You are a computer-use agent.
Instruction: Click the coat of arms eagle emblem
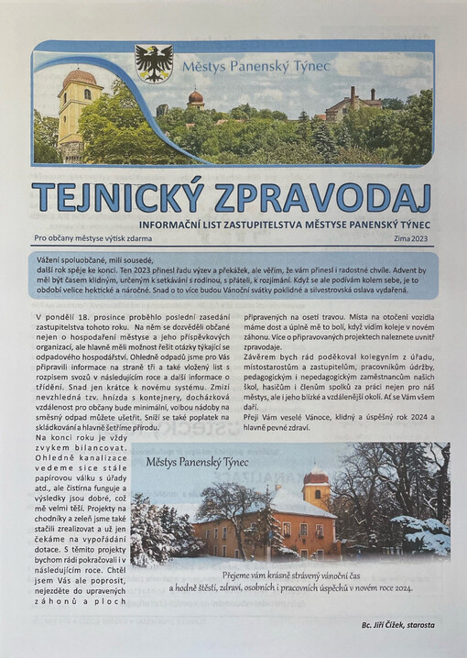[x=154, y=63]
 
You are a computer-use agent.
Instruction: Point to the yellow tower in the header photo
[x=79, y=110]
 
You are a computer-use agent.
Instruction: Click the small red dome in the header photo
[x=195, y=96]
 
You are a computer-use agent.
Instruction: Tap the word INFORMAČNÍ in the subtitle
[x=201, y=223]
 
